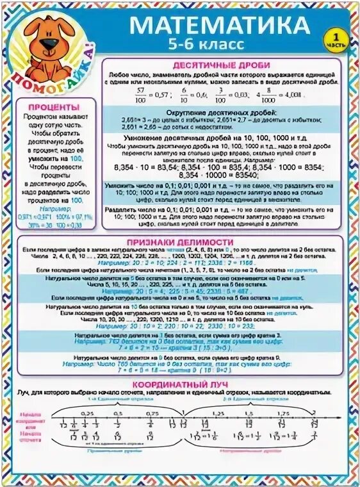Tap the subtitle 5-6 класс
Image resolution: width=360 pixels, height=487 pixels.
click(x=207, y=45)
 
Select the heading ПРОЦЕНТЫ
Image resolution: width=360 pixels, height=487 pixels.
click(x=58, y=107)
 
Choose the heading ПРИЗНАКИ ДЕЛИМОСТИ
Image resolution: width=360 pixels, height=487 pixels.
click(x=179, y=242)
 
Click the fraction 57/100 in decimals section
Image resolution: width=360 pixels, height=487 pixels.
click(x=141, y=94)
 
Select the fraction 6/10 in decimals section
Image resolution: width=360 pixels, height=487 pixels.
click(x=183, y=94)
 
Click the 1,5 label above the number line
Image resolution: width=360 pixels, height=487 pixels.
click(x=249, y=414)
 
